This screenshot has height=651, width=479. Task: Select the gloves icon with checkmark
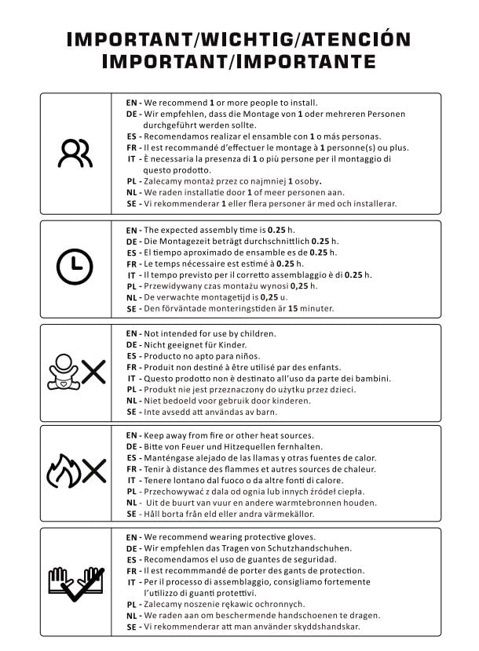pyautogui.click(x=76, y=582)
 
